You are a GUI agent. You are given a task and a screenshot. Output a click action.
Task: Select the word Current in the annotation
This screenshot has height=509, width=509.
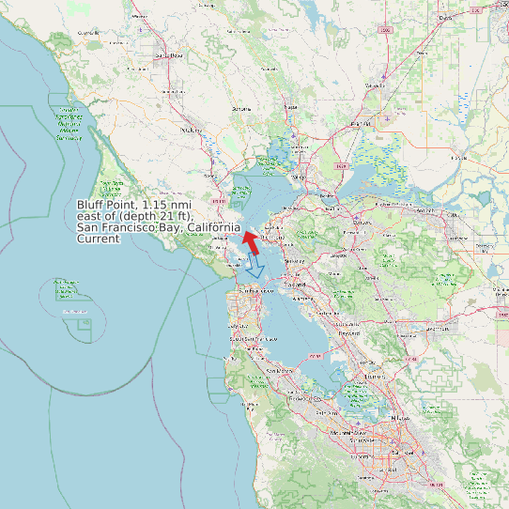tap(99, 239)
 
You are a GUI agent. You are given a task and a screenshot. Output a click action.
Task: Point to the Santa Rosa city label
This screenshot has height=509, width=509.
tap(169, 56)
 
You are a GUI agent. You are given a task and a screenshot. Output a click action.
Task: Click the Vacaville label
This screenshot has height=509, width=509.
tap(376, 85)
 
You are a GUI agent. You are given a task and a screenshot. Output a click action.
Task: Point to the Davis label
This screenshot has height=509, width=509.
tap(445, 18)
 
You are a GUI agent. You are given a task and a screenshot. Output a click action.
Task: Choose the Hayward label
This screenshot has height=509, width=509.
tap(349, 333)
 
